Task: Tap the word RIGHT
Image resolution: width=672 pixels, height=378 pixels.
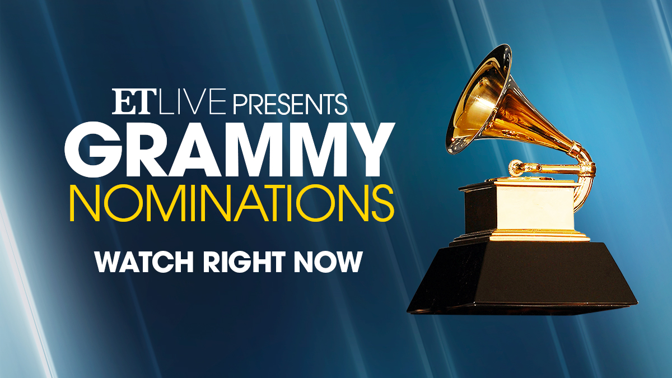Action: click(247, 262)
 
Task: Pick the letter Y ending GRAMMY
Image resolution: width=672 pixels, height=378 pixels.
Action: click(368, 147)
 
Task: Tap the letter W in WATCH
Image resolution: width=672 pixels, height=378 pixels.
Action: click(109, 262)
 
